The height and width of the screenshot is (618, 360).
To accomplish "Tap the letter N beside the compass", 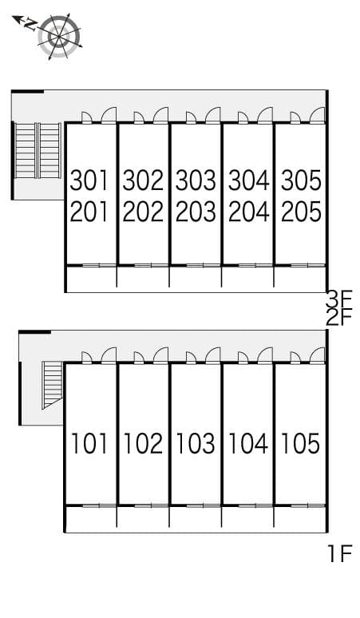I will click(30, 25).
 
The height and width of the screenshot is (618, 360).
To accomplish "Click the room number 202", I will click(144, 212).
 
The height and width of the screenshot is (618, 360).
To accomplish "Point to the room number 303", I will click(196, 180).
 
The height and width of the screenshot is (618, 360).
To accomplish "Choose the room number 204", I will click(248, 212).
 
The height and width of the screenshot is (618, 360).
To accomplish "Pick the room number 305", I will click(301, 180).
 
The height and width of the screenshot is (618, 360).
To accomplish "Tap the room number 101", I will click(90, 442).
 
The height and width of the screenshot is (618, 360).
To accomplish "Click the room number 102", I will click(144, 442).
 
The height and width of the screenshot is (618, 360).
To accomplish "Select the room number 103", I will click(196, 442).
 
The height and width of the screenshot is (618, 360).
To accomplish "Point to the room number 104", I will click(248, 442).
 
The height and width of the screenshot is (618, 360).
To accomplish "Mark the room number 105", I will click(301, 442).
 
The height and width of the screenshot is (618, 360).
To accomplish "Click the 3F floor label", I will click(339, 299).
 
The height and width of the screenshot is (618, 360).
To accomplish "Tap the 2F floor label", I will click(339, 318).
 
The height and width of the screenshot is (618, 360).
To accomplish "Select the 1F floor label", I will click(339, 553).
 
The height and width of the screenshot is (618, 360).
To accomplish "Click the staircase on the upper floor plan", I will click(38, 150).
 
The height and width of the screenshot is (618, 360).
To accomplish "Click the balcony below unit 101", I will click(90, 519).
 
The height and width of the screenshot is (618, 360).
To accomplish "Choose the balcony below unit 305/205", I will click(300, 278).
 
